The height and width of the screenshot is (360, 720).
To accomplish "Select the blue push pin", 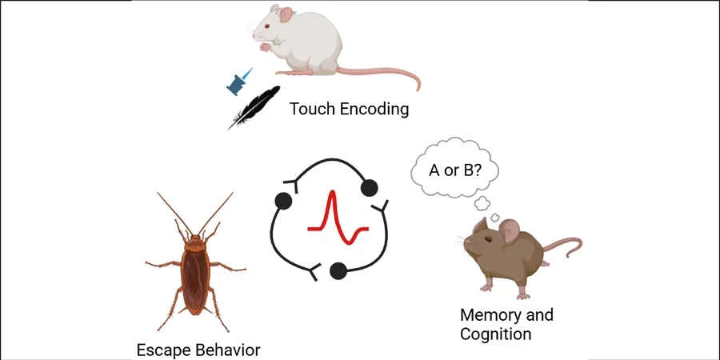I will point(238,80).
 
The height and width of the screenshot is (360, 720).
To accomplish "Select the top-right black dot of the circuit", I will point(369,187).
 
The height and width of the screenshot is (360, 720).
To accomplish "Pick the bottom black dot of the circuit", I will point(338,271).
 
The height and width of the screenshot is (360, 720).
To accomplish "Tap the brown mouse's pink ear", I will point(509,233).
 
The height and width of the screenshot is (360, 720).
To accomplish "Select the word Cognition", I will point(495,334).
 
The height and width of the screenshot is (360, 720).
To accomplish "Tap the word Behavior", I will point(227,350).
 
